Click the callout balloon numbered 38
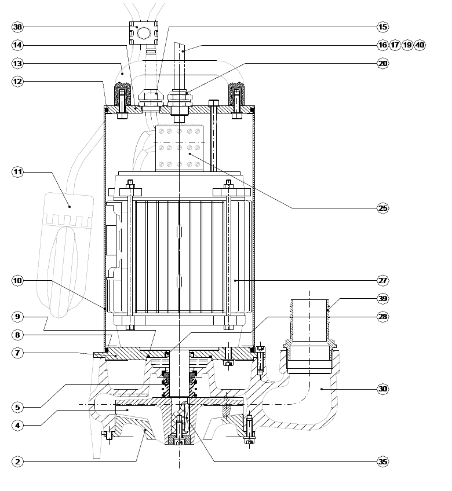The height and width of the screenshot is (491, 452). [17, 27]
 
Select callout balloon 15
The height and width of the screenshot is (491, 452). [382, 27]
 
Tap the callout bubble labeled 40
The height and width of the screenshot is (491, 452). [420, 45]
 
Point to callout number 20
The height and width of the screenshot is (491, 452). [382, 63]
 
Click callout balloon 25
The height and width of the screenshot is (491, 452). [382, 208]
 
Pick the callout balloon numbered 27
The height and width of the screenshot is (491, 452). [382, 280]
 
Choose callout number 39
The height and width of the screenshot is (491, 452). [382, 298]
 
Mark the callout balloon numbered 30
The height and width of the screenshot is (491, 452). [382, 389]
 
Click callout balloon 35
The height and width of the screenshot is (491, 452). [382, 461]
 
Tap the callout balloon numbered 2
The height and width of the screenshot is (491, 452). [17, 461]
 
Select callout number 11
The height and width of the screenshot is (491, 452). [17, 172]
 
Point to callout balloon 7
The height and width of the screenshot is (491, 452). [17, 353]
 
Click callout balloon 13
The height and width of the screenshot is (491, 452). [17, 63]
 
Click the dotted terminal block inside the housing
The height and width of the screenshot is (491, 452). [179, 148]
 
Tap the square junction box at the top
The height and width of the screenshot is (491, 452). [144, 33]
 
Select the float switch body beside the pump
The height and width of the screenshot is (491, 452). [65, 255]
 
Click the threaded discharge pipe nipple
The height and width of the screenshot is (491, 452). [310, 320]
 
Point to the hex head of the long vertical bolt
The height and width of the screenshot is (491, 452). [213, 103]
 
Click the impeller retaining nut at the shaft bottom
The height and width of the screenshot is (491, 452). [179, 439]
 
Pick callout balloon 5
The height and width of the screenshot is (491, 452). [17, 407]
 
